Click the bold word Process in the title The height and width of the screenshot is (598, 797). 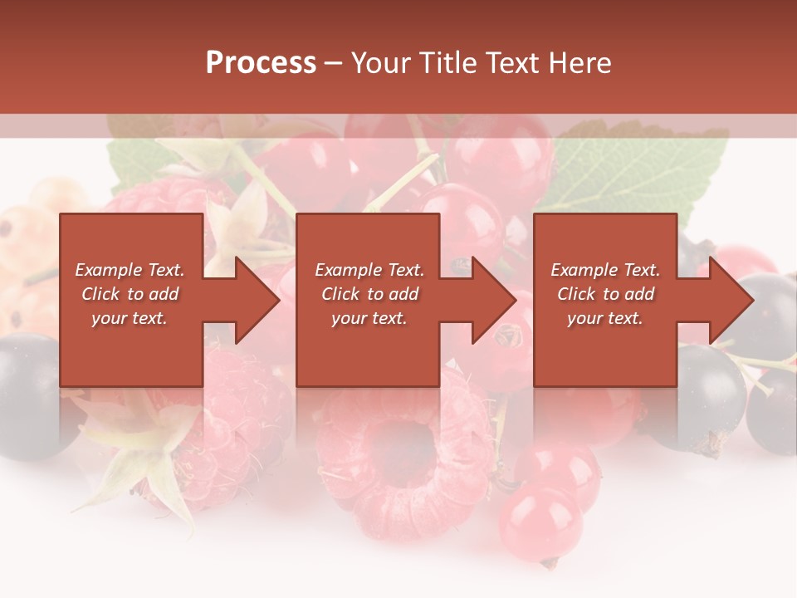(261, 63)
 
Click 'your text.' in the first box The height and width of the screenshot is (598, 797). (130, 318)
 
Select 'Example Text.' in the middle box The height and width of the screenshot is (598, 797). (369, 270)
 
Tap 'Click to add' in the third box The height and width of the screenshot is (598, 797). (606, 294)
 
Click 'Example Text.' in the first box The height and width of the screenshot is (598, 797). (130, 270)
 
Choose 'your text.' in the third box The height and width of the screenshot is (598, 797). (606, 318)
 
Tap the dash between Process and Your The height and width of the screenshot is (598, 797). (334, 63)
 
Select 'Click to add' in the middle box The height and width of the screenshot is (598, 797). (369, 294)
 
